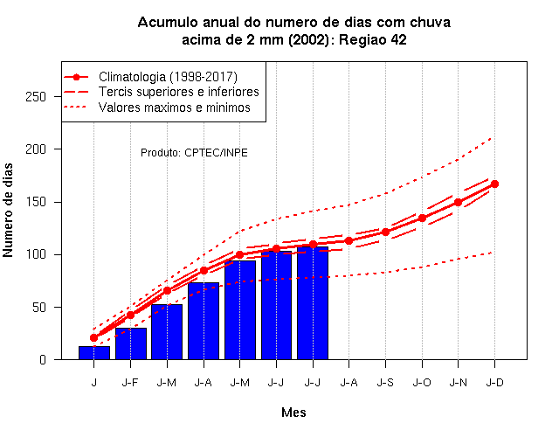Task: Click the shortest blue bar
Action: click(x=94, y=353)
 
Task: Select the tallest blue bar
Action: click(x=313, y=303)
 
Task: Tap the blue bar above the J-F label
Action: click(x=131, y=343)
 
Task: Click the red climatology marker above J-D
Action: click(x=494, y=184)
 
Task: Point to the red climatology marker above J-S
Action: click(x=385, y=232)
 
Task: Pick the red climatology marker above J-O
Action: click(x=422, y=218)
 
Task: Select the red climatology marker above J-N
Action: click(x=458, y=202)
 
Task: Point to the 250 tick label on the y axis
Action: click(x=36, y=97)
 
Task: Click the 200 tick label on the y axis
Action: click(x=36, y=149)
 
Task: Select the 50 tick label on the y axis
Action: click(x=39, y=307)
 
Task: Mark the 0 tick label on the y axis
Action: click(x=43, y=359)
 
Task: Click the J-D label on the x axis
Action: click(x=495, y=383)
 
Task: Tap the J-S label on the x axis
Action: click(x=385, y=383)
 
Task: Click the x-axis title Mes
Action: click(x=293, y=413)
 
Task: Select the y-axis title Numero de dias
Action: click(x=8, y=210)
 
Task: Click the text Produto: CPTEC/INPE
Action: click(x=194, y=153)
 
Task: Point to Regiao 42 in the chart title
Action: click(x=373, y=40)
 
